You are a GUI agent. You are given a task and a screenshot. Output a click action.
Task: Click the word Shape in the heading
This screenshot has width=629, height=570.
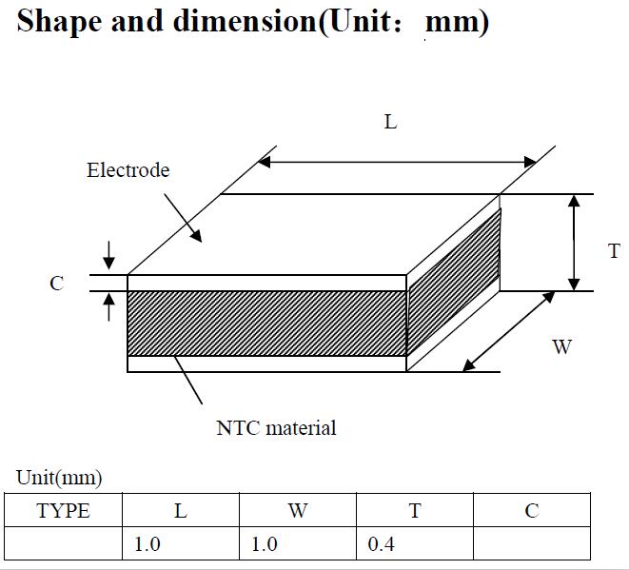[59, 22]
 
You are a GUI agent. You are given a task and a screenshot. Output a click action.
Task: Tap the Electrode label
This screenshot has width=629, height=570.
[128, 170]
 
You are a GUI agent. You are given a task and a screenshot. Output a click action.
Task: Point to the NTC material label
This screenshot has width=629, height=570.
[276, 428]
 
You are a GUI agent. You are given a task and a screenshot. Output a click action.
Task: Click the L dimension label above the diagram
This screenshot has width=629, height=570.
[390, 122]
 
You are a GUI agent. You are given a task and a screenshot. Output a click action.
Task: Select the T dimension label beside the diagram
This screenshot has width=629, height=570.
[614, 251]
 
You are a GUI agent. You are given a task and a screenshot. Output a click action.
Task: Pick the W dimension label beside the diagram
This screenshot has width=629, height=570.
[561, 346]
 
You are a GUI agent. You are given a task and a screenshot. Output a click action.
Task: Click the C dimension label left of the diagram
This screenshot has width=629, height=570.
[56, 284]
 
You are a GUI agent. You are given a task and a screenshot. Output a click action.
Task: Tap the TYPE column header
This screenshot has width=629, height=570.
[63, 511]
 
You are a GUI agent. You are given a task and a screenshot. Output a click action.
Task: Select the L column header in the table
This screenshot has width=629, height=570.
[181, 511]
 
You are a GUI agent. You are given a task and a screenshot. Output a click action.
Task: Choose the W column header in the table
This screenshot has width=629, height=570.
[298, 511]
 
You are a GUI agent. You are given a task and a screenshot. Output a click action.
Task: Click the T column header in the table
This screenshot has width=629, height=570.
[415, 511]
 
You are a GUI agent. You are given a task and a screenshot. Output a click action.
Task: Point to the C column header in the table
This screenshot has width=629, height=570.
[532, 511]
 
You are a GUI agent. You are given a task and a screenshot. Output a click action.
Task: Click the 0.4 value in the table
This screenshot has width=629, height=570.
[381, 544]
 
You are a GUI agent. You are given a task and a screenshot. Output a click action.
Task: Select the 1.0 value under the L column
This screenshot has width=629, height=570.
[147, 544]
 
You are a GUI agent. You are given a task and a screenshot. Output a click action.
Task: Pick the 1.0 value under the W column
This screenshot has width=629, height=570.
[265, 544]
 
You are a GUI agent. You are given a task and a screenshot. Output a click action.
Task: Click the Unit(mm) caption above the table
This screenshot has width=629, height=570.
[59, 478]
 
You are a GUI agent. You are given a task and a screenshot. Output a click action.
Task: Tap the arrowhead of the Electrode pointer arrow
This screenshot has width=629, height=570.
[197, 236]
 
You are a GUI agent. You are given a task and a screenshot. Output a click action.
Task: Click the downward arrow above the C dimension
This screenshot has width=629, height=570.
[108, 256]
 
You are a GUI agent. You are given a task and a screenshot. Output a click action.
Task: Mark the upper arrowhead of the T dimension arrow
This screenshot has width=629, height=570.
[575, 201]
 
